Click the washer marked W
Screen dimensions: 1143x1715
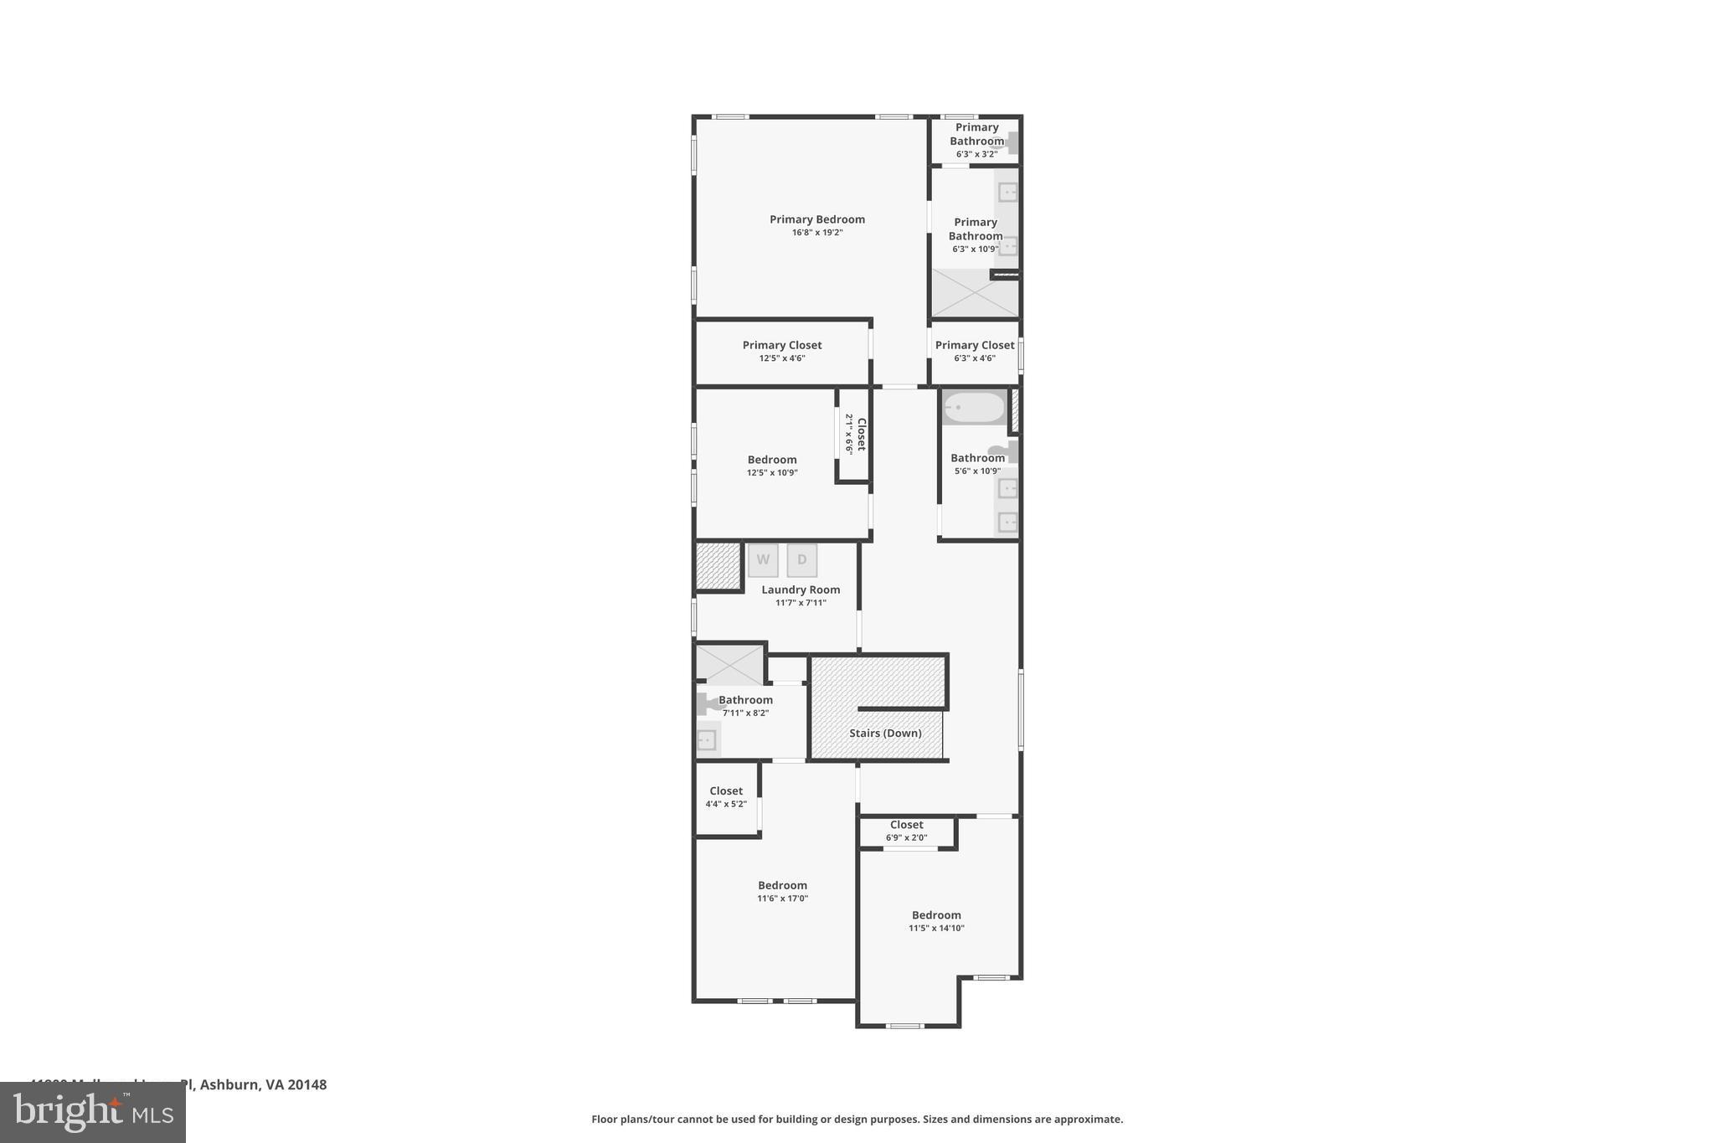tap(763, 560)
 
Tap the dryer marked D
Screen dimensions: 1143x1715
tap(801, 560)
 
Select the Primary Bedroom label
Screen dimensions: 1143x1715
tap(817, 219)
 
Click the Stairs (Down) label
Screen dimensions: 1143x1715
tap(885, 733)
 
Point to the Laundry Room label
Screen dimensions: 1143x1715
tap(801, 590)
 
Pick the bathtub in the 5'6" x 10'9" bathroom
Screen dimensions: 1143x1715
tap(974, 408)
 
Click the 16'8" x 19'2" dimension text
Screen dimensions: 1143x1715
tap(817, 233)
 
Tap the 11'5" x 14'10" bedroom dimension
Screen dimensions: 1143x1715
tap(936, 928)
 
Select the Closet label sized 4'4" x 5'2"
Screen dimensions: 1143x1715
tap(726, 790)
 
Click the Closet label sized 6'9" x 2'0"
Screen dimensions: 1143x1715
tap(907, 825)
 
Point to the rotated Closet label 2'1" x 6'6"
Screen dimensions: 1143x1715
tap(860, 434)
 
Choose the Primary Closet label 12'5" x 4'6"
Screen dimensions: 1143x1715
tap(782, 345)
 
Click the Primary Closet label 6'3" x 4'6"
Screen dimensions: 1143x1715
tap(975, 345)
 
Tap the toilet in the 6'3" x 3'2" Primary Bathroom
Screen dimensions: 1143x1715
tap(1007, 144)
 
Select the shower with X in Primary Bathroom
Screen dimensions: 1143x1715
tap(975, 293)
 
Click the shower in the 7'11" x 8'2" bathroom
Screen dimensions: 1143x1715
tap(730, 665)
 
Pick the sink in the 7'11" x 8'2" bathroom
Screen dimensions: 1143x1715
tap(708, 740)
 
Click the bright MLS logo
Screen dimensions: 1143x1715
tap(93, 1112)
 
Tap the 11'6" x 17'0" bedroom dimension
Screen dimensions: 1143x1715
tap(782, 898)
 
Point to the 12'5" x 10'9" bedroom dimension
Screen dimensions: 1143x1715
tap(772, 473)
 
